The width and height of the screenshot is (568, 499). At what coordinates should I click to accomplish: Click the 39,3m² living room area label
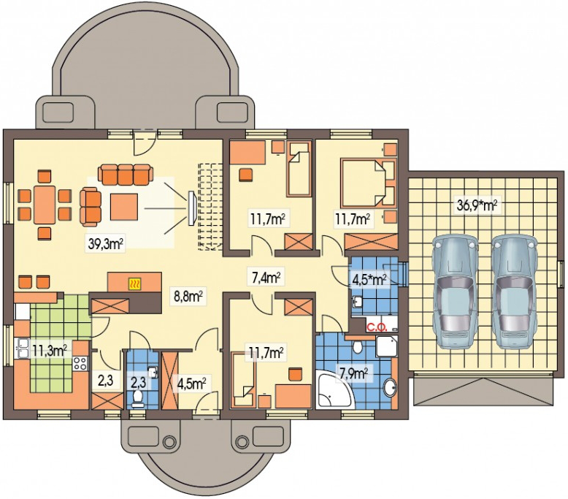pyautogui.click(x=106, y=243)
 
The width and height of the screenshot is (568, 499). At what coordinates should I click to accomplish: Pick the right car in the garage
pyautogui.click(x=515, y=292)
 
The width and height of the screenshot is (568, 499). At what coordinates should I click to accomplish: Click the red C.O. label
pyautogui.click(x=377, y=328)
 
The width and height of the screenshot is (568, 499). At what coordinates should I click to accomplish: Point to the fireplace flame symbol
pyautogui.click(x=135, y=283)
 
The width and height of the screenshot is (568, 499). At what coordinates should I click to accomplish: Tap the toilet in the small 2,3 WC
pyautogui.click(x=138, y=397)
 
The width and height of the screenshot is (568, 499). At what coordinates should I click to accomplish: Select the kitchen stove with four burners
pyautogui.click(x=80, y=363)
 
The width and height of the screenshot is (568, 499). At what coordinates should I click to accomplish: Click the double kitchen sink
pyautogui.click(x=22, y=348)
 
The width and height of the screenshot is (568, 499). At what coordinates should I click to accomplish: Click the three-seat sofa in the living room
pyautogui.click(x=125, y=174)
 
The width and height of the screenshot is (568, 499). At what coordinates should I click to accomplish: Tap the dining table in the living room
pyautogui.click(x=45, y=205)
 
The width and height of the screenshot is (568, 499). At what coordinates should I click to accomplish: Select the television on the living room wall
pyautogui.click(x=191, y=208)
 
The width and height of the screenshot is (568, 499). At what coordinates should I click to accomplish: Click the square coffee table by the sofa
pyautogui.click(x=124, y=207)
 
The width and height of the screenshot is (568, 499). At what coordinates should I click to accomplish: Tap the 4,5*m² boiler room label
pyautogui.click(x=369, y=279)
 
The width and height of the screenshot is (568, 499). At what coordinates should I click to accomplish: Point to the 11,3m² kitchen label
pyautogui.click(x=50, y=351)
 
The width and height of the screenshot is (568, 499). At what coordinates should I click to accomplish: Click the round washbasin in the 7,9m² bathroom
pyautogui.click(x=390, y=387)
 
